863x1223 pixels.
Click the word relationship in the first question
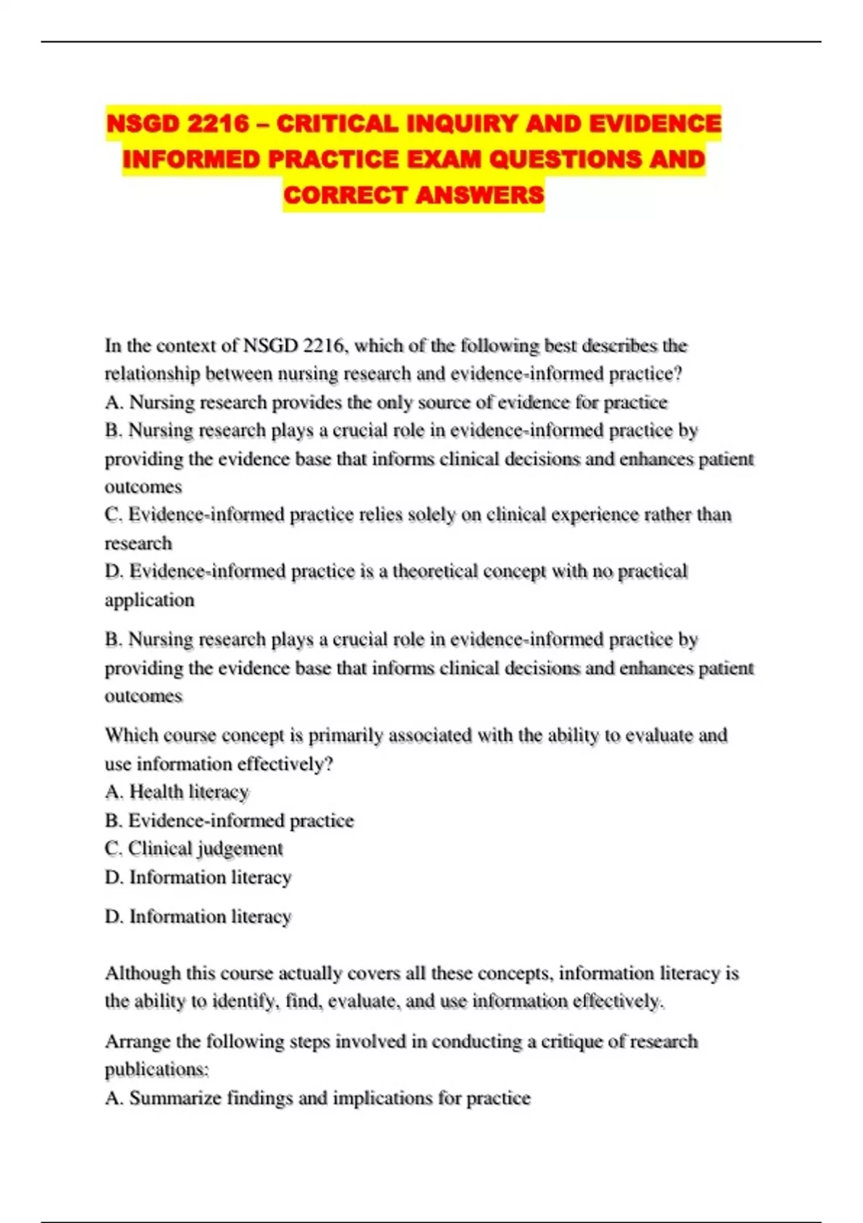pos(152,374)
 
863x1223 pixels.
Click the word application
pos(150,600)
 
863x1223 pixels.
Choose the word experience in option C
pos(592,515)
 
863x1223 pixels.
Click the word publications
pos(156,1070)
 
